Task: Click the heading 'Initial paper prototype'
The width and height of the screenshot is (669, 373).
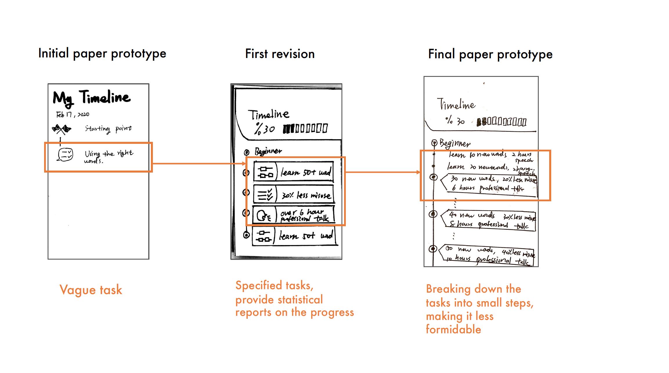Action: [102, 54]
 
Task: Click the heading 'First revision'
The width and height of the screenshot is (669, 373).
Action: [280, 54]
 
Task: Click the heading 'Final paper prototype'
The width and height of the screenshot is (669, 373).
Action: [490, 55]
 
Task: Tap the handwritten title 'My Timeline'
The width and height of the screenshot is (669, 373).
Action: [92, 97]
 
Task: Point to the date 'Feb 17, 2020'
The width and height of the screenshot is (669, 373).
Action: [73, 115]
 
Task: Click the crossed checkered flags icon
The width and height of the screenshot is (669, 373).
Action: [62, 129]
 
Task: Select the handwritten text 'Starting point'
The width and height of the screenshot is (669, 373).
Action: [108, 128]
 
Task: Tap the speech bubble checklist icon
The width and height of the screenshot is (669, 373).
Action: [65, 154]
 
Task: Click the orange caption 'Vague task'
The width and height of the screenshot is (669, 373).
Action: [91, 290]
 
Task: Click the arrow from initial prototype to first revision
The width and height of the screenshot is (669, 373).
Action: [199, 164]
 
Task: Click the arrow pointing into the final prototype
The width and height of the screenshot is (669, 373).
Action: [383, 172]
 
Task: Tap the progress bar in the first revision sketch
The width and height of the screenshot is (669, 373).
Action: [305, 128]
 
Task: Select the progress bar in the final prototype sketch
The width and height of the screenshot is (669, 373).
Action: [502, 122]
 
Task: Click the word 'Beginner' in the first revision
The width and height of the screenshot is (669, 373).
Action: [268, 151]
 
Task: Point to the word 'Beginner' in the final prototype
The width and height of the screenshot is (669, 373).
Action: [455, 143]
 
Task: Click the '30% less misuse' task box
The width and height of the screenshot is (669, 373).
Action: [294, 195]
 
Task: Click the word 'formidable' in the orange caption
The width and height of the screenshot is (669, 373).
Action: [453, 329]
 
